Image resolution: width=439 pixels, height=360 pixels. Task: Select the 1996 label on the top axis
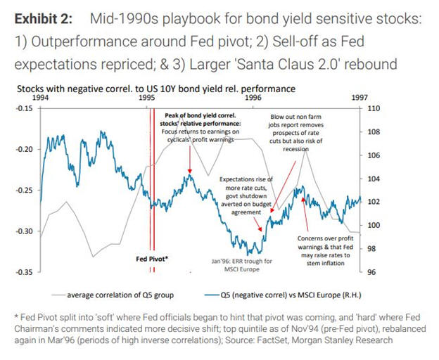(253, 100)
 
